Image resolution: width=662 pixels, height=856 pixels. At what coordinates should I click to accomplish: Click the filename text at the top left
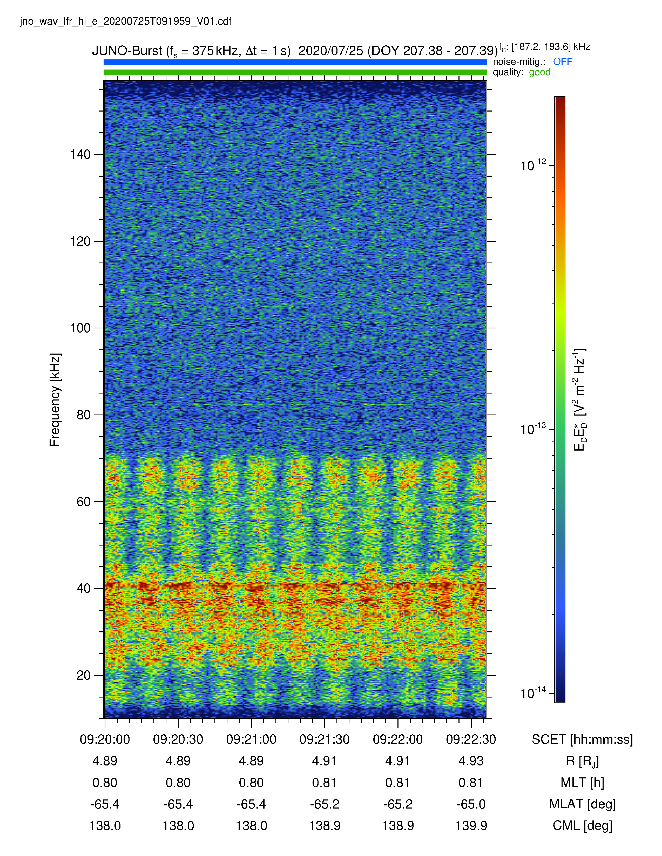tap(125, 21)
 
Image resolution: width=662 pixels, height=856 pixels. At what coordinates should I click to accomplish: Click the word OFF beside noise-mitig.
tap(562, 61)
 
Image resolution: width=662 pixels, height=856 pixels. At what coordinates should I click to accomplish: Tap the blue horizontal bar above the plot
tap(295, 62)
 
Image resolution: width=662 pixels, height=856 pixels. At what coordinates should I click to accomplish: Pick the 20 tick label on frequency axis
tap(84, 675)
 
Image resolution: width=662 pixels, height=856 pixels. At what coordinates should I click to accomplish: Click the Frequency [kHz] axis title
tap(55, 400)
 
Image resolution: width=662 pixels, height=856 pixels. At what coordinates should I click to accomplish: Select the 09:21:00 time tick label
tap(251, 740)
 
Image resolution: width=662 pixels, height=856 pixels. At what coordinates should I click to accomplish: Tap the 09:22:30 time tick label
tap(471, 740)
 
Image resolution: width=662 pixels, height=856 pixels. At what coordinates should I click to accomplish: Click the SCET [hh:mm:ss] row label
tap(582, 740)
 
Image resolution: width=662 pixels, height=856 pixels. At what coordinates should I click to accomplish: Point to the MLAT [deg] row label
tap(582, 804)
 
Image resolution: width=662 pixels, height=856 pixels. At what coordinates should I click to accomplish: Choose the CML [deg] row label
tap(582, 826)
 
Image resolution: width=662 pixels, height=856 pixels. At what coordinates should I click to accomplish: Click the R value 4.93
tap(471, 761)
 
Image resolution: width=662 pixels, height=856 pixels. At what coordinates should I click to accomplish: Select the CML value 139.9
tap(471, 826)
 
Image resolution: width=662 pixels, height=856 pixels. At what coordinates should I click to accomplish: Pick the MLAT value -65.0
tap(471, 804)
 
